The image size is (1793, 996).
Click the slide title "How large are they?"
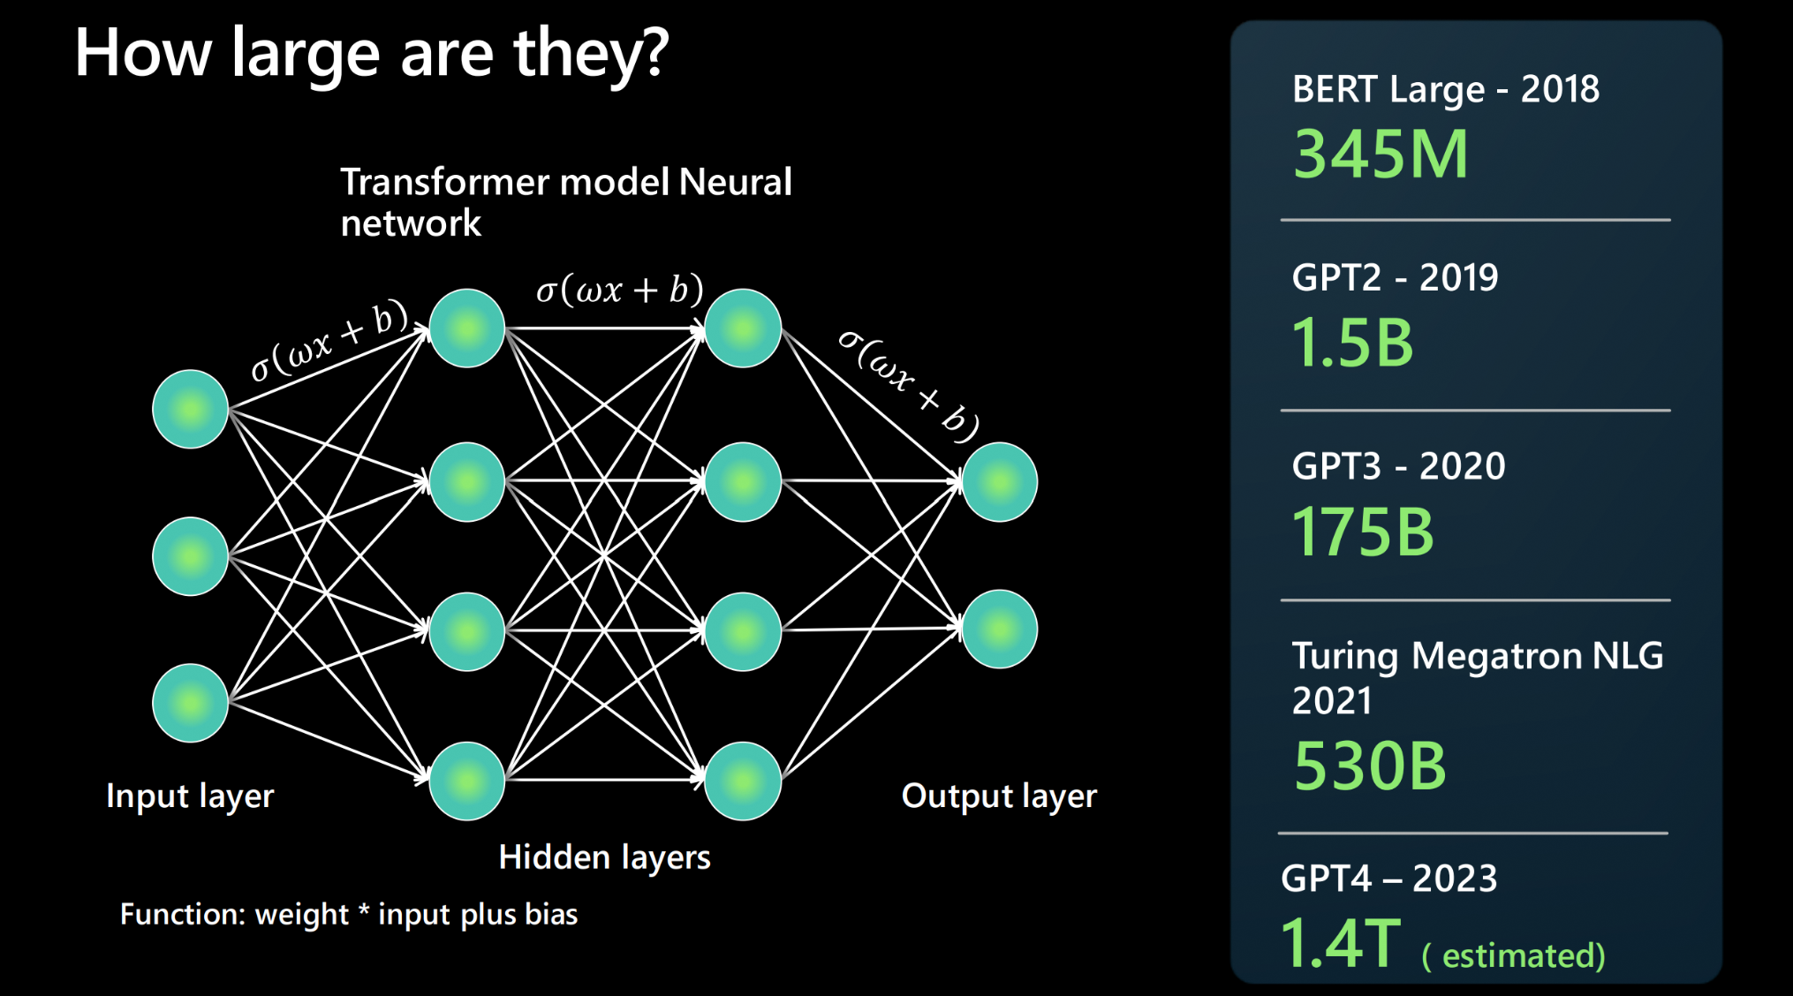[372, 53]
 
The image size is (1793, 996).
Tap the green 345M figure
[1381, 155]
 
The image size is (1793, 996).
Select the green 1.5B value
[1352, 343]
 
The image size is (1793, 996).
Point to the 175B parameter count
[1363, 532]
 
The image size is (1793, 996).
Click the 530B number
[1370, 766]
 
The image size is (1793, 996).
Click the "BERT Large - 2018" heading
[1445, 89]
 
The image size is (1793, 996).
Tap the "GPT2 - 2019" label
[1395, 278]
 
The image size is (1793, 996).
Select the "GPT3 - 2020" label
[1398, 466]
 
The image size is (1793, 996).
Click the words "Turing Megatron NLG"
[1477, 657]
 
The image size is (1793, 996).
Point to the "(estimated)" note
[1513, 955]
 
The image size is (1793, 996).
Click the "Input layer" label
[190, 796]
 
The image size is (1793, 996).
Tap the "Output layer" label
[999, 796]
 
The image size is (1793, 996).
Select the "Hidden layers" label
[604, 857]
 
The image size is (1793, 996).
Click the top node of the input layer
[191, 409]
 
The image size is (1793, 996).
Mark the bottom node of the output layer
[999, 630]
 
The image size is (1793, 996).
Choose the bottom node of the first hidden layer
[466, 781]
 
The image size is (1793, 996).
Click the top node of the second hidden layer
[743, 328]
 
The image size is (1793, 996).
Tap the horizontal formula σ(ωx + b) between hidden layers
[619, 290]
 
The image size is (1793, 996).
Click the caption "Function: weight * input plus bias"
[349, 914]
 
